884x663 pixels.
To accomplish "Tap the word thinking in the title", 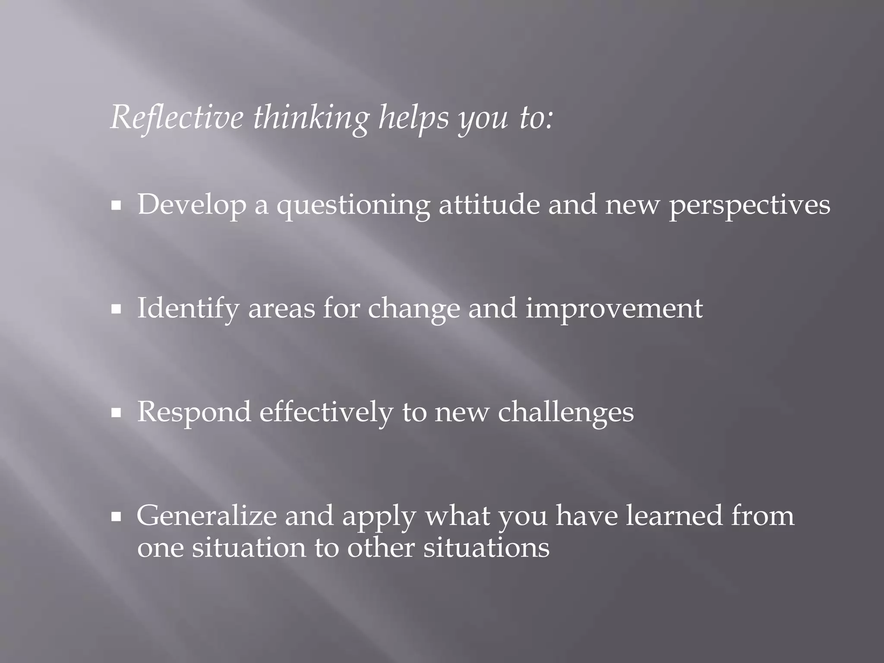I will click(311, 118).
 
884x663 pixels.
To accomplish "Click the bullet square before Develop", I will click(116, 207).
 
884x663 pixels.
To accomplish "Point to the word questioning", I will click(353, 205).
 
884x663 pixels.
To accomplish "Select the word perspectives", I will click(749, 205).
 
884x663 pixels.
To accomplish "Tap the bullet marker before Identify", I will click(116, 310).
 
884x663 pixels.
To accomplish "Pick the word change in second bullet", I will click(414, 309).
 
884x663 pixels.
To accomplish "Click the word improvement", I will click(614, 309).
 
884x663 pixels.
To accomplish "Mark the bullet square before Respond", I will click(116, 414).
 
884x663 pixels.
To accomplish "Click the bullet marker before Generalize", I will click(116, 517).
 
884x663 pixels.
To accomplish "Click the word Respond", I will click(194, 412).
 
